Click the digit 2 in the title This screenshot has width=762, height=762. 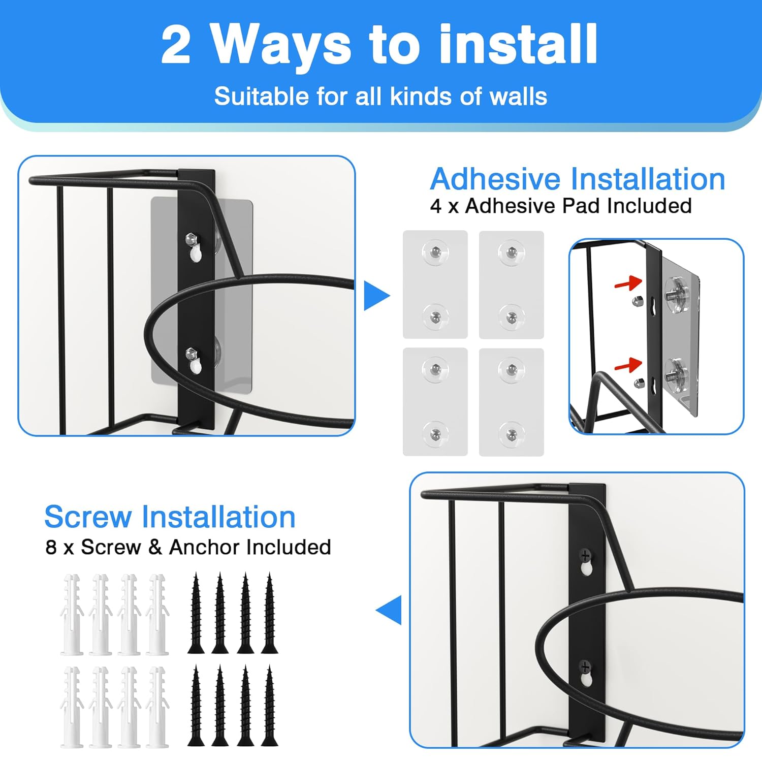tap(176, 45)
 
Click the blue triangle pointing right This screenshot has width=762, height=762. tap(376, 296)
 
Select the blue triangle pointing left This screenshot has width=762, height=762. tap(389, 610)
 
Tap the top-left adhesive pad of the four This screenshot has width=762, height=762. tap(435, 284)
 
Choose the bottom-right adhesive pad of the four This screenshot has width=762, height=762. tap(512, 402)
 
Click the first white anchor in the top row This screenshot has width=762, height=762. tap(72, 614)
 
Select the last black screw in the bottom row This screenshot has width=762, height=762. tap(269, 706)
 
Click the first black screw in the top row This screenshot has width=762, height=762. tap(196, 613)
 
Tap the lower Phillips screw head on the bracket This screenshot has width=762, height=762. tap(585, 666)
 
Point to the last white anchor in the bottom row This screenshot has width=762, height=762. tap(157, 707)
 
